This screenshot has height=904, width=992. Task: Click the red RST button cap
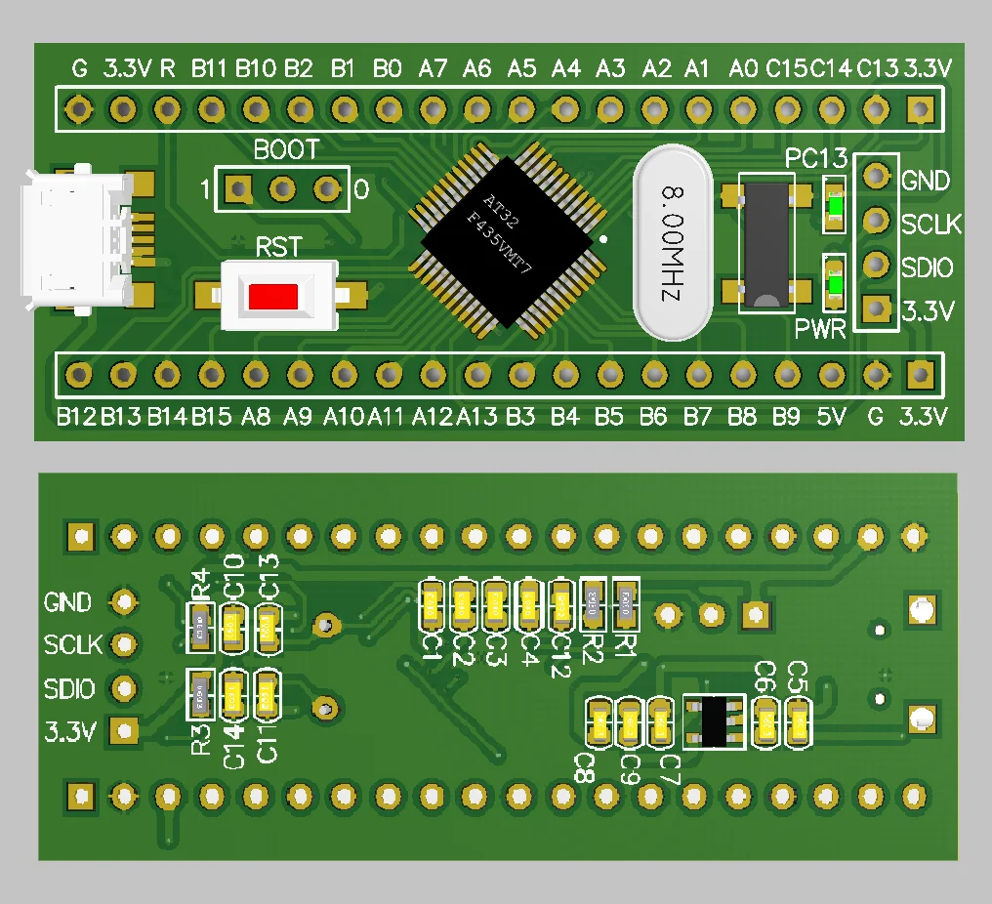tap(273, 296)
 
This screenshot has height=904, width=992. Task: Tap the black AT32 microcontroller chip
tap(508, 235)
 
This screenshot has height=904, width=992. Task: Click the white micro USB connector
tap(74, 239)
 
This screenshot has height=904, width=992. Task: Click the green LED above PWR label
tap(835, 284)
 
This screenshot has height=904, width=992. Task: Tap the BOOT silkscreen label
tap(286, 150)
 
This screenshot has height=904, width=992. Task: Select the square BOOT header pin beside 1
tap(236, 188)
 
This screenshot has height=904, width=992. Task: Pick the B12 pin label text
tap(76, 418)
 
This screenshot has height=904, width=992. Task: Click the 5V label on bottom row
tap(830, 418)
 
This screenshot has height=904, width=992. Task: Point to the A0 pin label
tap(743, 68)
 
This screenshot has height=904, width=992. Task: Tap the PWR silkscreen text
tap(819, 329)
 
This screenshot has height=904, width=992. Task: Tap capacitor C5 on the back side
tap(799, 723)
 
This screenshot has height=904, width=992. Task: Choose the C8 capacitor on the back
tap(599, 723)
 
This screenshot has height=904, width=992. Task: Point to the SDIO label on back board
tap(69, 689)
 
